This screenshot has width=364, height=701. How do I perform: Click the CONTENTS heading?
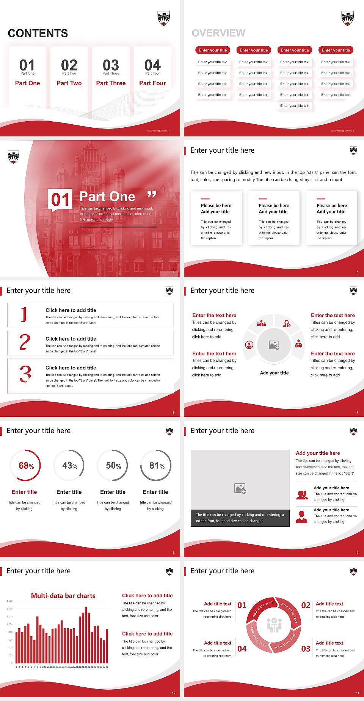coord(38,33)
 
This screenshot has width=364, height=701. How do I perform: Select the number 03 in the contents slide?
coord(111,65)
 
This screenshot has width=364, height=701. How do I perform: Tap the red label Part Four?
coord(152,83)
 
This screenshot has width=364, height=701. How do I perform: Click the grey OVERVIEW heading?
coord(218,33)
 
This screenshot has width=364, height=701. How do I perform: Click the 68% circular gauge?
coord(26,466)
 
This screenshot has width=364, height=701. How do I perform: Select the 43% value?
coord(70,466)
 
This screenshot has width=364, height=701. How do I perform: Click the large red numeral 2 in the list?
coord(25,342)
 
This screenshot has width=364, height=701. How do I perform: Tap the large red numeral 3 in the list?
coord(25,374)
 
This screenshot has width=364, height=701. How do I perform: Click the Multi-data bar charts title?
coord(63,596)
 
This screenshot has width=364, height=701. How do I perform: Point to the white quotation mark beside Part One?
coord(152,195)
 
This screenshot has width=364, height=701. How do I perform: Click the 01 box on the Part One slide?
coord(60,199)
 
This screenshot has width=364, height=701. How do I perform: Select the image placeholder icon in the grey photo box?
coord(240,488)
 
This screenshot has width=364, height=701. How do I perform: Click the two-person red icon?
coord(302,495)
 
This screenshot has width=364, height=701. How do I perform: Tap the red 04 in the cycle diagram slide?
coord(242,649)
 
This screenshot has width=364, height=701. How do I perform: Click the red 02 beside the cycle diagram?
coord(306,605)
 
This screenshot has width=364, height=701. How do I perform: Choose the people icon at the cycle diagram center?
coord(274,626)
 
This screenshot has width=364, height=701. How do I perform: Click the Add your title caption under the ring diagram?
coord(274,373)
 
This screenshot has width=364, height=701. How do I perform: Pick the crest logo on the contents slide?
coord(163,18)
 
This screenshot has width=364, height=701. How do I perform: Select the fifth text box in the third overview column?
coord(295,106)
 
